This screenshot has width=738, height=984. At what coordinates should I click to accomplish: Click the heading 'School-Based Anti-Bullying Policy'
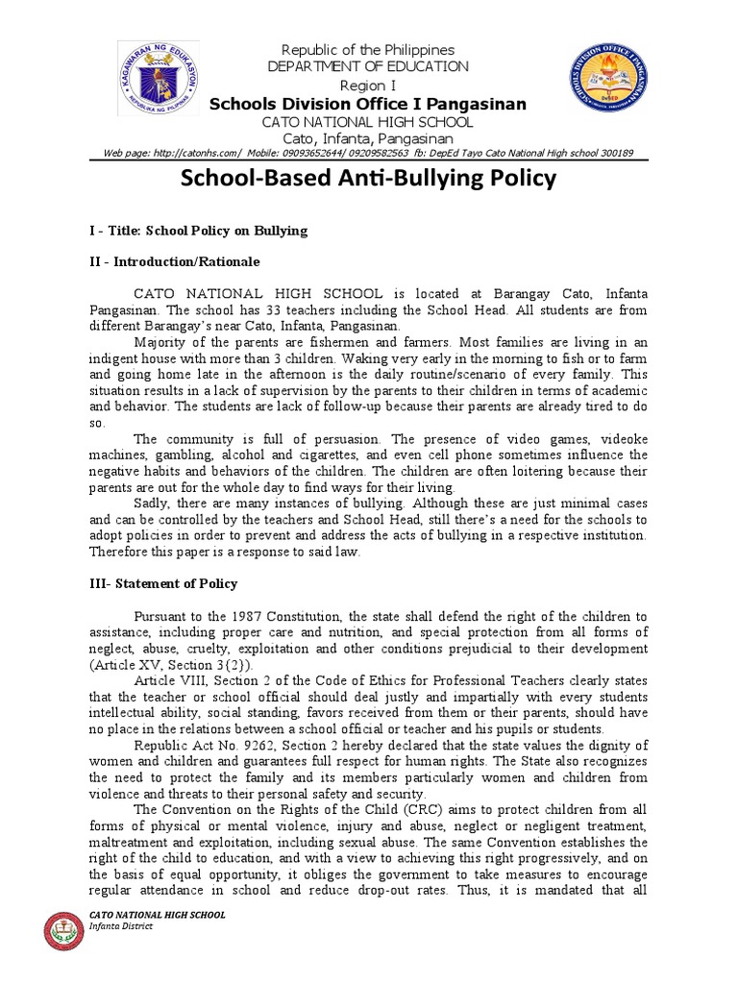click(368, 178)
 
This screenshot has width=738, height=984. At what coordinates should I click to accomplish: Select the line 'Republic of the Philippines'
click(368, 49)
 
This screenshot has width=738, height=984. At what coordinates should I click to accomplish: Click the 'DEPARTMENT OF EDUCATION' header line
click(368, 66)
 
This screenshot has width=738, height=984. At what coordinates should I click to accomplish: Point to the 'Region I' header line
click(368, 85)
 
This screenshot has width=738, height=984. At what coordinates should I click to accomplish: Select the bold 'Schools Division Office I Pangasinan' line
click(368, 104)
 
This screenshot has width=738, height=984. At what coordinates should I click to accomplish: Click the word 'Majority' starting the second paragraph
click(160, 341)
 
